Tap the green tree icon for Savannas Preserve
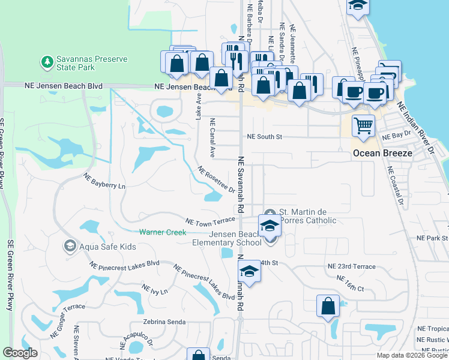(x=46, y=61)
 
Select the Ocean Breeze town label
(x=382, y=153)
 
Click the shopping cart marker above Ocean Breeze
(x=363, y=127)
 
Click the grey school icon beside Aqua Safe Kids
(x=70, y=246)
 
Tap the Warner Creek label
(x=163, y=232)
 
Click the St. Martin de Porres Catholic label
(x=308, y=216)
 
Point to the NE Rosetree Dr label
(x=216, y=180)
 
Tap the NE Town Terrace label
(x=209, y=222)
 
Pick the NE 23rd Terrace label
(x=351, y=266)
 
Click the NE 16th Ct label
(x=351, y=284)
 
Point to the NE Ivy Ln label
(x=154, y=290)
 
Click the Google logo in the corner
(x=20, y=353)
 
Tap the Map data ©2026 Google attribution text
(x=412, y=355)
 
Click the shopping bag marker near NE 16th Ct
(x=328, y=307)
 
